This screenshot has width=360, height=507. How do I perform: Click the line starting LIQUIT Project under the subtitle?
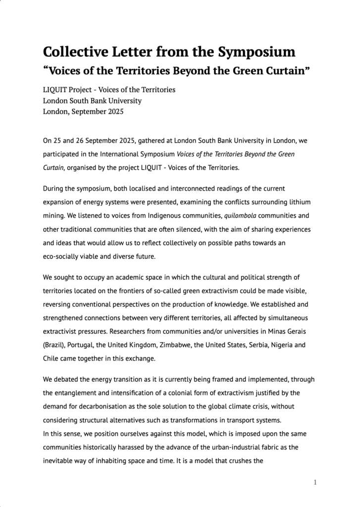pyautogui.click(x=109, y=90)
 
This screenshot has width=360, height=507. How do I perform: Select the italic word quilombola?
pyautogui.click(x=243, y=215)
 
